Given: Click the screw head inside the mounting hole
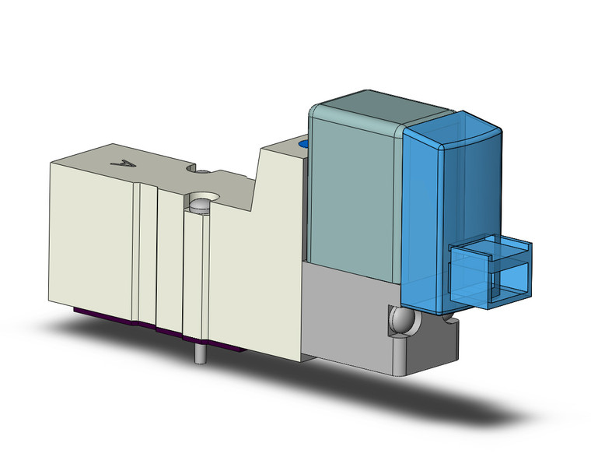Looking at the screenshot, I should (x=200, y=206).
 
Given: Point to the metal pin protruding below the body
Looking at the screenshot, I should (x=201, y=355).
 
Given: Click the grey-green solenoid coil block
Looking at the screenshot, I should (x=355, y=195).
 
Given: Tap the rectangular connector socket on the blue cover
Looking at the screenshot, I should (x=490, y=269).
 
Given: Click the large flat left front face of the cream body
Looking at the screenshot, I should (x=89, y=234).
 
